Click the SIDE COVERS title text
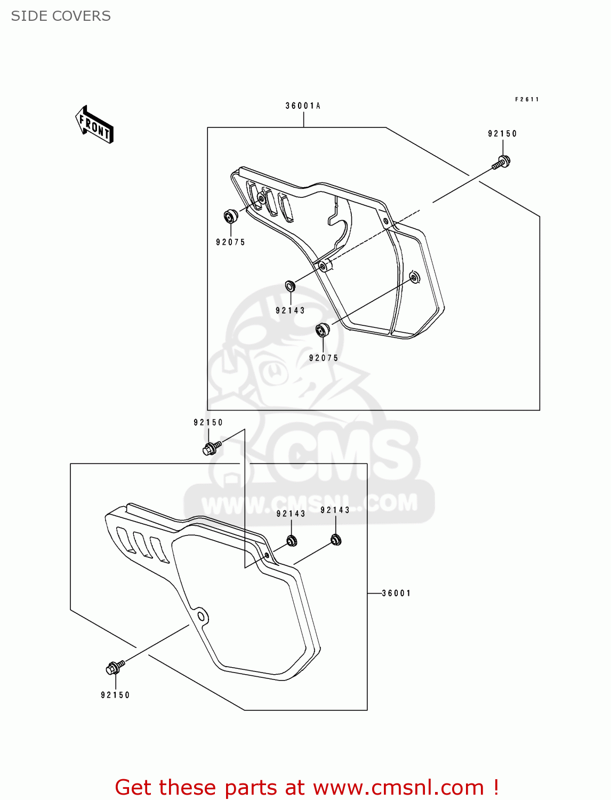click(x=61, y=16)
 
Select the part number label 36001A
click(x=303, y=106)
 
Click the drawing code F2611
click(x=527, y=99)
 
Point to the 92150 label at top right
click(x=502, y=134)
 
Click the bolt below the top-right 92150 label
click(x=501, y=161)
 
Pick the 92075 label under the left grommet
click(x=230, y=242)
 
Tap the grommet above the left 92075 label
click(x=230, y=217)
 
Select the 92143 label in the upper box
click(x=290, y=310)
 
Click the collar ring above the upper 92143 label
click(x=290, y=286)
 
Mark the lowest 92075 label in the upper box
click(x=324, y=358)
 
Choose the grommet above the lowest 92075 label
click(x=323, y=330)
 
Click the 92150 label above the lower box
click(x=208, y=422)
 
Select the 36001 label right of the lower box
click(x=396, y=593)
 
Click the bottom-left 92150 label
click(x=115, y=695)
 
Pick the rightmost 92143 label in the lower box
click(x=335, y=510)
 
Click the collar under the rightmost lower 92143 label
click(x=335, y=540)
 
